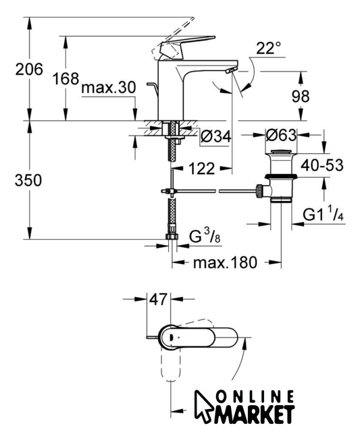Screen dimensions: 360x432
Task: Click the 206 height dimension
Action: (x=29, y=69)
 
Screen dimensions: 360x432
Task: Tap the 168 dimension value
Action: (x=66, y=78)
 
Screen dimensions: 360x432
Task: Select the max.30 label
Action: (x=109, y=88)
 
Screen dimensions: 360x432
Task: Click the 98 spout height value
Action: (x=301, y=96)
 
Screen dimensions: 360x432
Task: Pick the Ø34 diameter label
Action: (x=216, y=136)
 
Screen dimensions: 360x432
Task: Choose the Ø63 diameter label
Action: (x=281, y=135)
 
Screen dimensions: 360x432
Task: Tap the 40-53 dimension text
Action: (x=322, y=165)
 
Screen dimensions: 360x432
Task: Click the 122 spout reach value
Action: (x=201, y=168)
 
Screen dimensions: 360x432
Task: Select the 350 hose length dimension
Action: (x=28, y=180)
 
